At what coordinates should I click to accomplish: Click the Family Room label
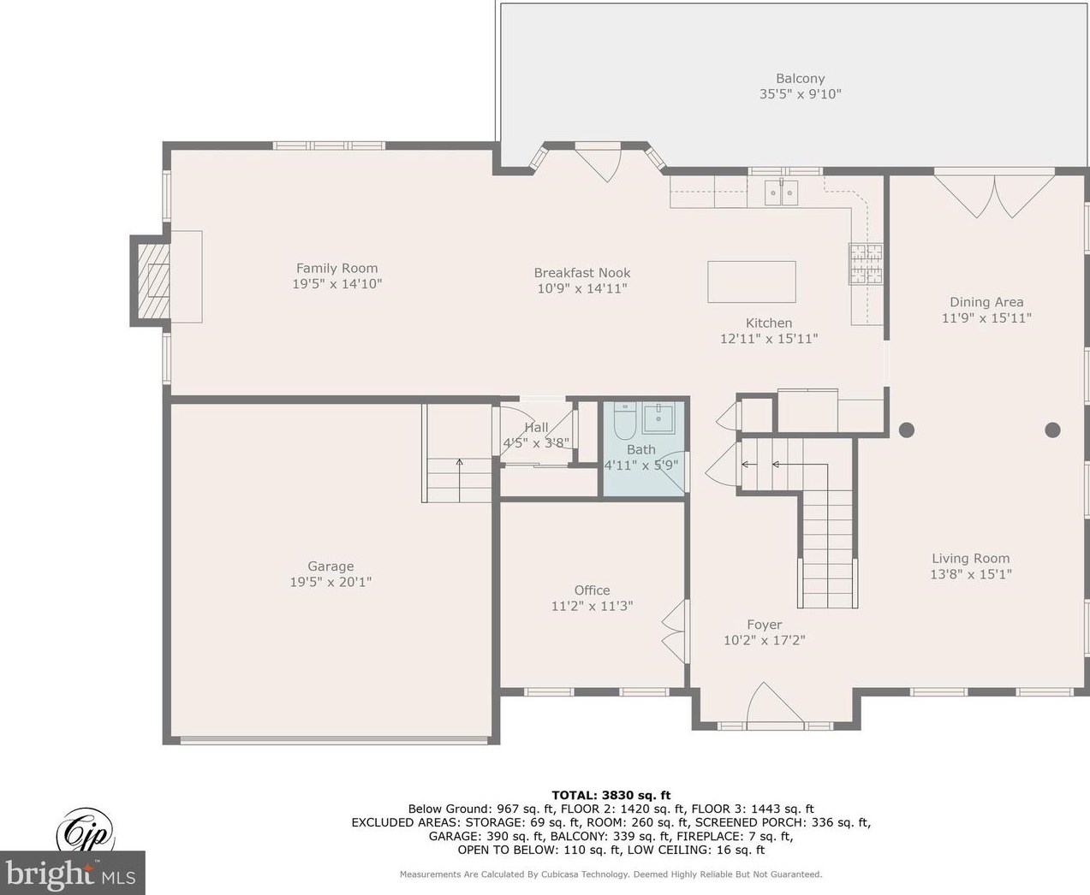(337, 268)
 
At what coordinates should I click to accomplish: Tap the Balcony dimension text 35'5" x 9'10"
(800, 94)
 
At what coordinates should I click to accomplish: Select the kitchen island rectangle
(752, 282)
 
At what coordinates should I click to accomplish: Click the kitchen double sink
(781, 193)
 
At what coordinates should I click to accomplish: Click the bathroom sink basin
(658, 419)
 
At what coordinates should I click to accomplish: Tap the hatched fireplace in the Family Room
(153, 281)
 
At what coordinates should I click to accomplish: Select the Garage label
(331, 566)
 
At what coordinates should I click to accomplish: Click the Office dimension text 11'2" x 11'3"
(592, 605)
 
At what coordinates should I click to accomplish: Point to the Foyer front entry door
(775, 705)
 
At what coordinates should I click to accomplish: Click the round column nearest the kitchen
(907, 430)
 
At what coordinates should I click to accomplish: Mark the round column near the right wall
(1053, 430)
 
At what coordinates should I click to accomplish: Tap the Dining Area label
(986, 302)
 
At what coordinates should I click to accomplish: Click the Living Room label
(971, 558)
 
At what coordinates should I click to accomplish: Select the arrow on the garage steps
(460, 480)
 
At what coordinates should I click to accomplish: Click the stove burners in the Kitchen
(865, 264)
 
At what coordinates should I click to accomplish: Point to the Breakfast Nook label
(582, 273)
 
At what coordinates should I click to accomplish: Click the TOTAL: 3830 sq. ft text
(611, 796)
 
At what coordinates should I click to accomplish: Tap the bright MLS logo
(73, 873)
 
